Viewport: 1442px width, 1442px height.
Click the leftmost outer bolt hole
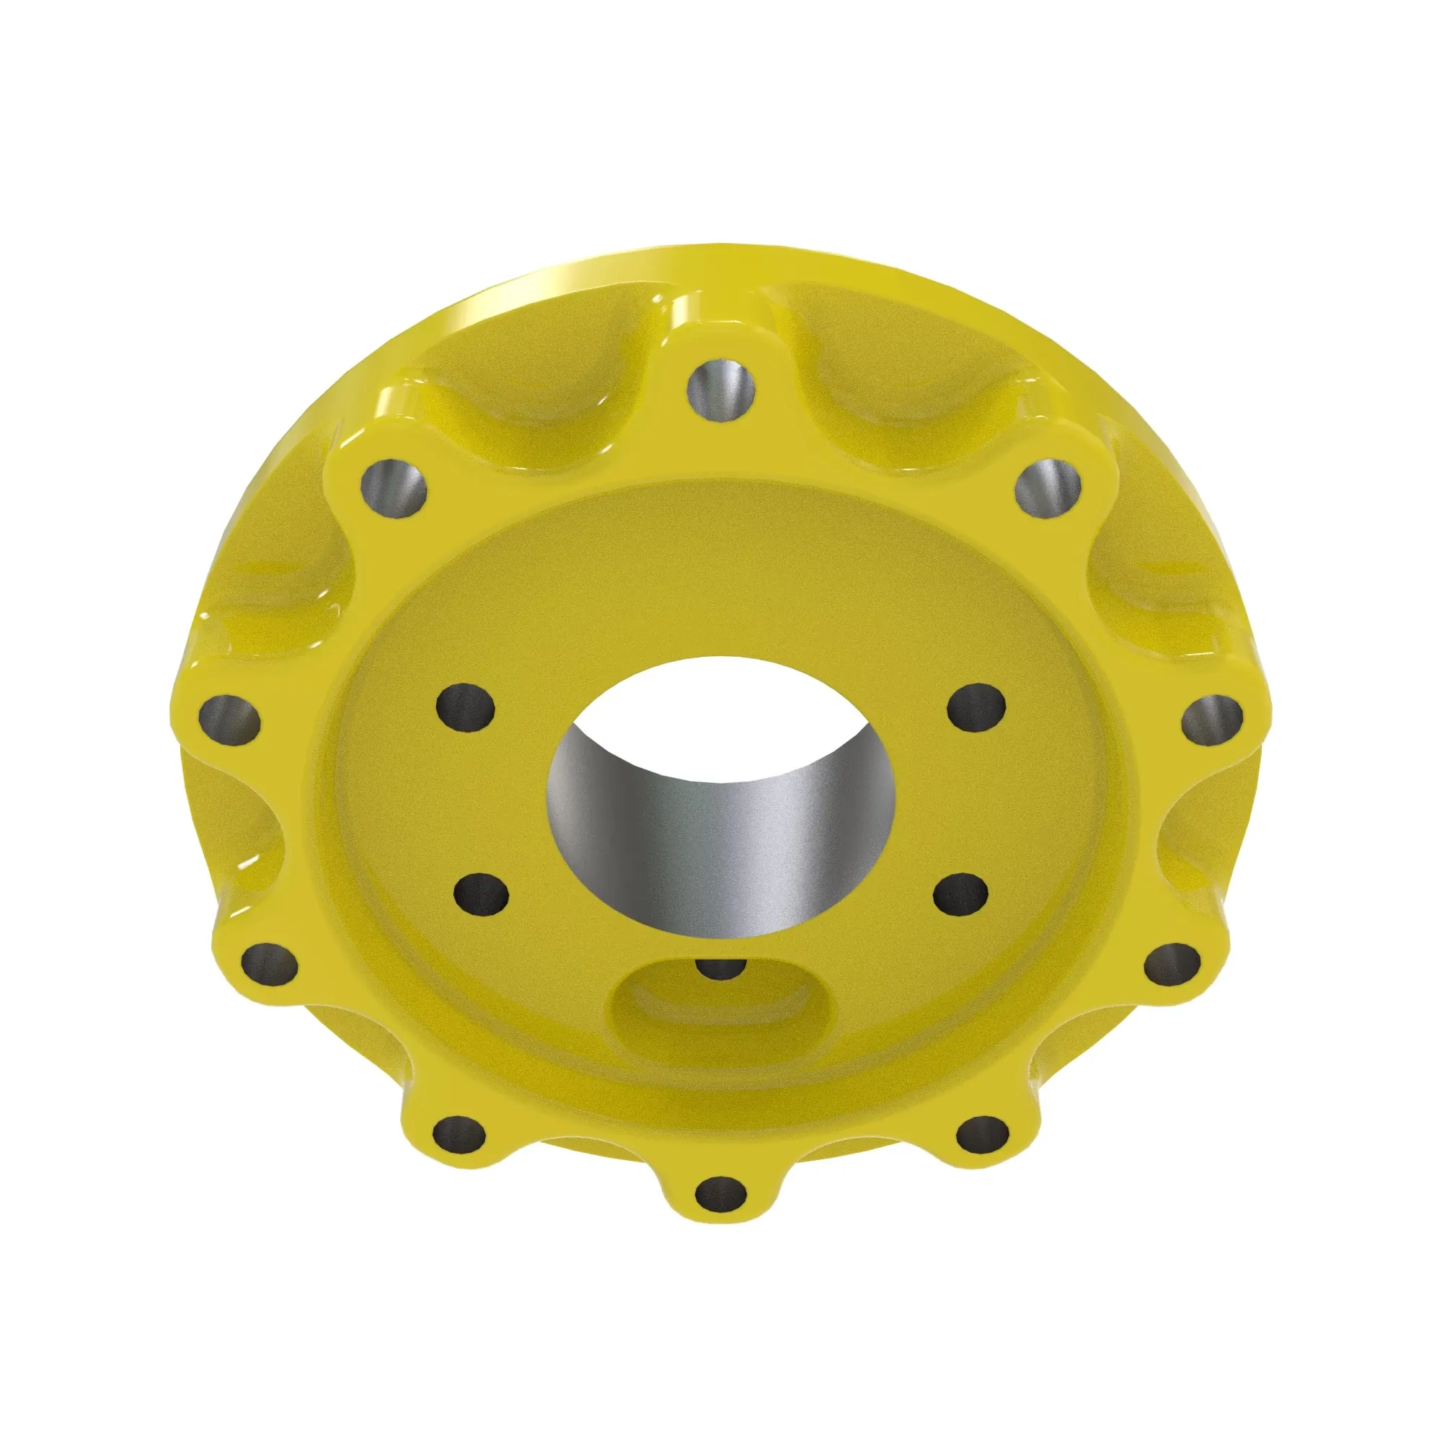230,720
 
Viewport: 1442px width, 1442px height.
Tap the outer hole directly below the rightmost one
1172,963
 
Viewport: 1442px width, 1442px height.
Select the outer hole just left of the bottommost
459,1138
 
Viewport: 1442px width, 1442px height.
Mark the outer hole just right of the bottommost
982,1138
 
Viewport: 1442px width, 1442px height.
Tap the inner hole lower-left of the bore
482,894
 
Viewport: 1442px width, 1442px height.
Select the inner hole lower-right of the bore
961,894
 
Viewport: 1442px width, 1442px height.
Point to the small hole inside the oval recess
720,969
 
